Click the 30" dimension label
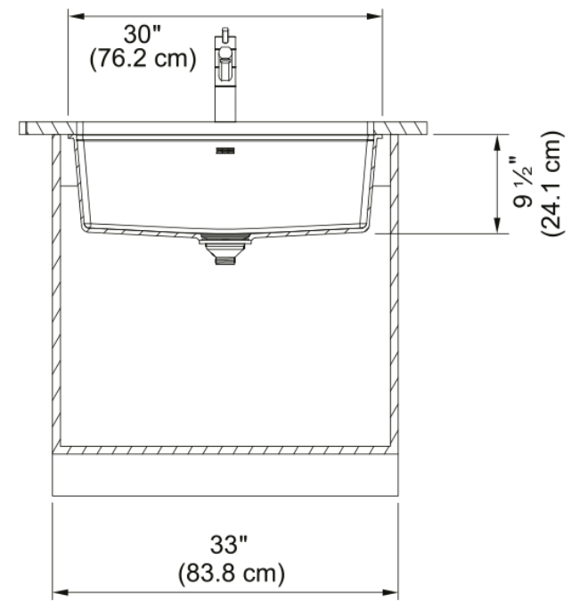pyautogui.click(x=143, y=34)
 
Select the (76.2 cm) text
pyautogui.click(x=143, y=59)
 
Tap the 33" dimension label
pyautogui.click(x=229, y=545)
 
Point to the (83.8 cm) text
pyautogui.click(x=232, y=573)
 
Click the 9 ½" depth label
pyautogui.click(x=523, y=182)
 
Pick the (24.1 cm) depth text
pyautogui.click(x=551, y=183)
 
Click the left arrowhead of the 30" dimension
pyautogui.click(x=77, y=16)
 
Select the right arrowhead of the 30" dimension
pyautogui.click(x=374, y=16)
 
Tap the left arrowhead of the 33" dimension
pyautogui.click(x=61, y=592)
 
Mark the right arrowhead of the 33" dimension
pyautogui.click(x=390, y=592)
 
